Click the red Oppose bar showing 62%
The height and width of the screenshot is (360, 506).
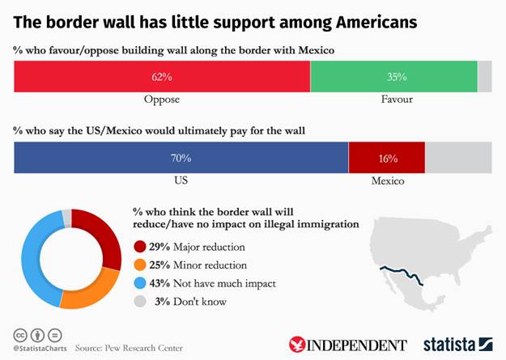coord(162,77)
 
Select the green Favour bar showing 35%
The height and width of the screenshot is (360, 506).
coord(394,77)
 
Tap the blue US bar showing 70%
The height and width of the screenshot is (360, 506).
coord(181,158)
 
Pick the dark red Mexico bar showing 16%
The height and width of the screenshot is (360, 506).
coord(386,158)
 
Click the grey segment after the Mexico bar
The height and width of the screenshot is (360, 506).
coord(458,158)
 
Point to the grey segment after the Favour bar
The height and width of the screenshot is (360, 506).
coord(484,77)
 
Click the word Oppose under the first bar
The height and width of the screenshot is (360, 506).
coord(162,100)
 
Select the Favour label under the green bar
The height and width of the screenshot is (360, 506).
coord(397,100)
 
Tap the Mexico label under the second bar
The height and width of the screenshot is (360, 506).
coord(388,180)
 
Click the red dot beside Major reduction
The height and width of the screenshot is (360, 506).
coord(140,247)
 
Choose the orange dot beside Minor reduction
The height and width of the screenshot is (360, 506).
coord(140,265)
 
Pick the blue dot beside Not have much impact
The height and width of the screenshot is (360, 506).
coord(140,283)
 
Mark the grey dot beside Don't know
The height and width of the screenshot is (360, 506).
coord(140,302)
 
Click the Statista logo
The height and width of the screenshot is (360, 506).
coord(457,344)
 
